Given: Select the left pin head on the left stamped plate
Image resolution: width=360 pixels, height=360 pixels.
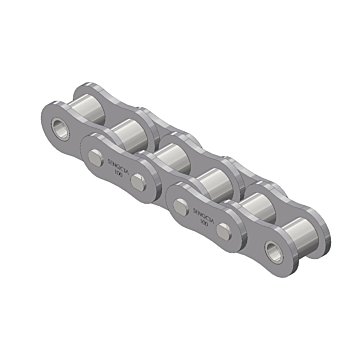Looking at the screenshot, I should [x=96, y=154].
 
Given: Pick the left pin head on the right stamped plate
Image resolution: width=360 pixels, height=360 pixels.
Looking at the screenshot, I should [x=180, y=205].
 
